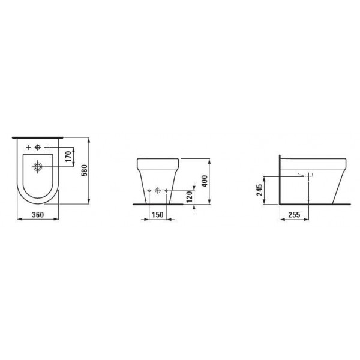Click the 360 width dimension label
tap(38, 215)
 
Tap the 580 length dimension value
tap(85, 170)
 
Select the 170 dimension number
tap(68, 157)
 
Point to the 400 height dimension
tap(205, 181)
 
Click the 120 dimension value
tap(189, 197)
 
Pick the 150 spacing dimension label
tap(158, 215)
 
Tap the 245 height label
tap(260, 190)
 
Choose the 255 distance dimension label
tap(294, 215)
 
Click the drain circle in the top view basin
tap(37, 166)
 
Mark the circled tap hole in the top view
tap(37, 147)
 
